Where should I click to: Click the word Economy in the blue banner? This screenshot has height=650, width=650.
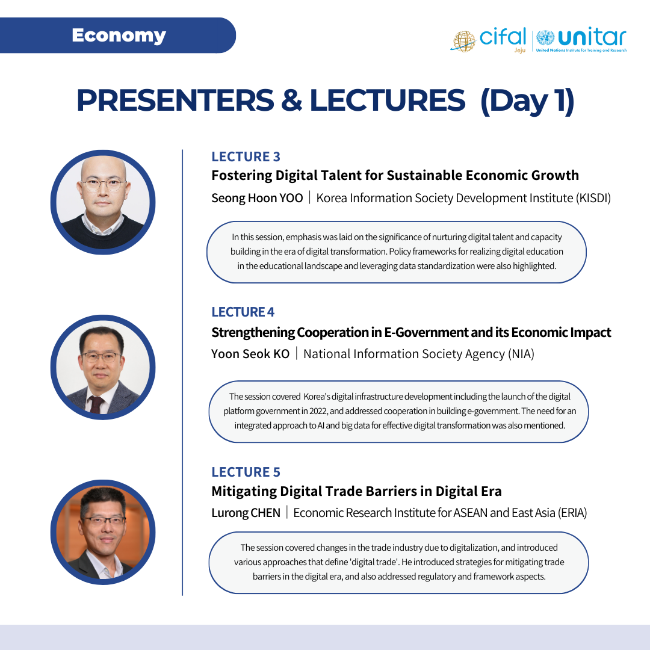(x=119, y=36)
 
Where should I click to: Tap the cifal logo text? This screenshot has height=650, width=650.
(x=503, y=37)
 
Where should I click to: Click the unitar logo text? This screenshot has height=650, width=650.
(x=592, y=37)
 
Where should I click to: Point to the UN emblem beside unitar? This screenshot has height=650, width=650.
(x=545, y=38)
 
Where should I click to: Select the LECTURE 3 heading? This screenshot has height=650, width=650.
(x=246, y=156)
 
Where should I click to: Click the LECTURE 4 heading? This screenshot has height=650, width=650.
(x=243, y=312)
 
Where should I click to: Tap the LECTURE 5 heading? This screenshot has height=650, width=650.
(x=246, y=472)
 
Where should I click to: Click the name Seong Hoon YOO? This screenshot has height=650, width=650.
(x=257, y=198)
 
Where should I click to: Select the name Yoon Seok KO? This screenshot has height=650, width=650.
(x=250, y=354)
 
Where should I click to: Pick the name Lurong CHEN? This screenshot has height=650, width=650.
(x=246, y=513)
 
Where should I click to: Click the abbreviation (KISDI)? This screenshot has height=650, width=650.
(x=593, y=198)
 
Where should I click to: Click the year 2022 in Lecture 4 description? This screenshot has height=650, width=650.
(x=318, y=411)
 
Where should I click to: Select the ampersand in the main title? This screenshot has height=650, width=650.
(x=292, y=101)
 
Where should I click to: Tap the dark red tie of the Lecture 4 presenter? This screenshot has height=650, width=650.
(x=96, y=404)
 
